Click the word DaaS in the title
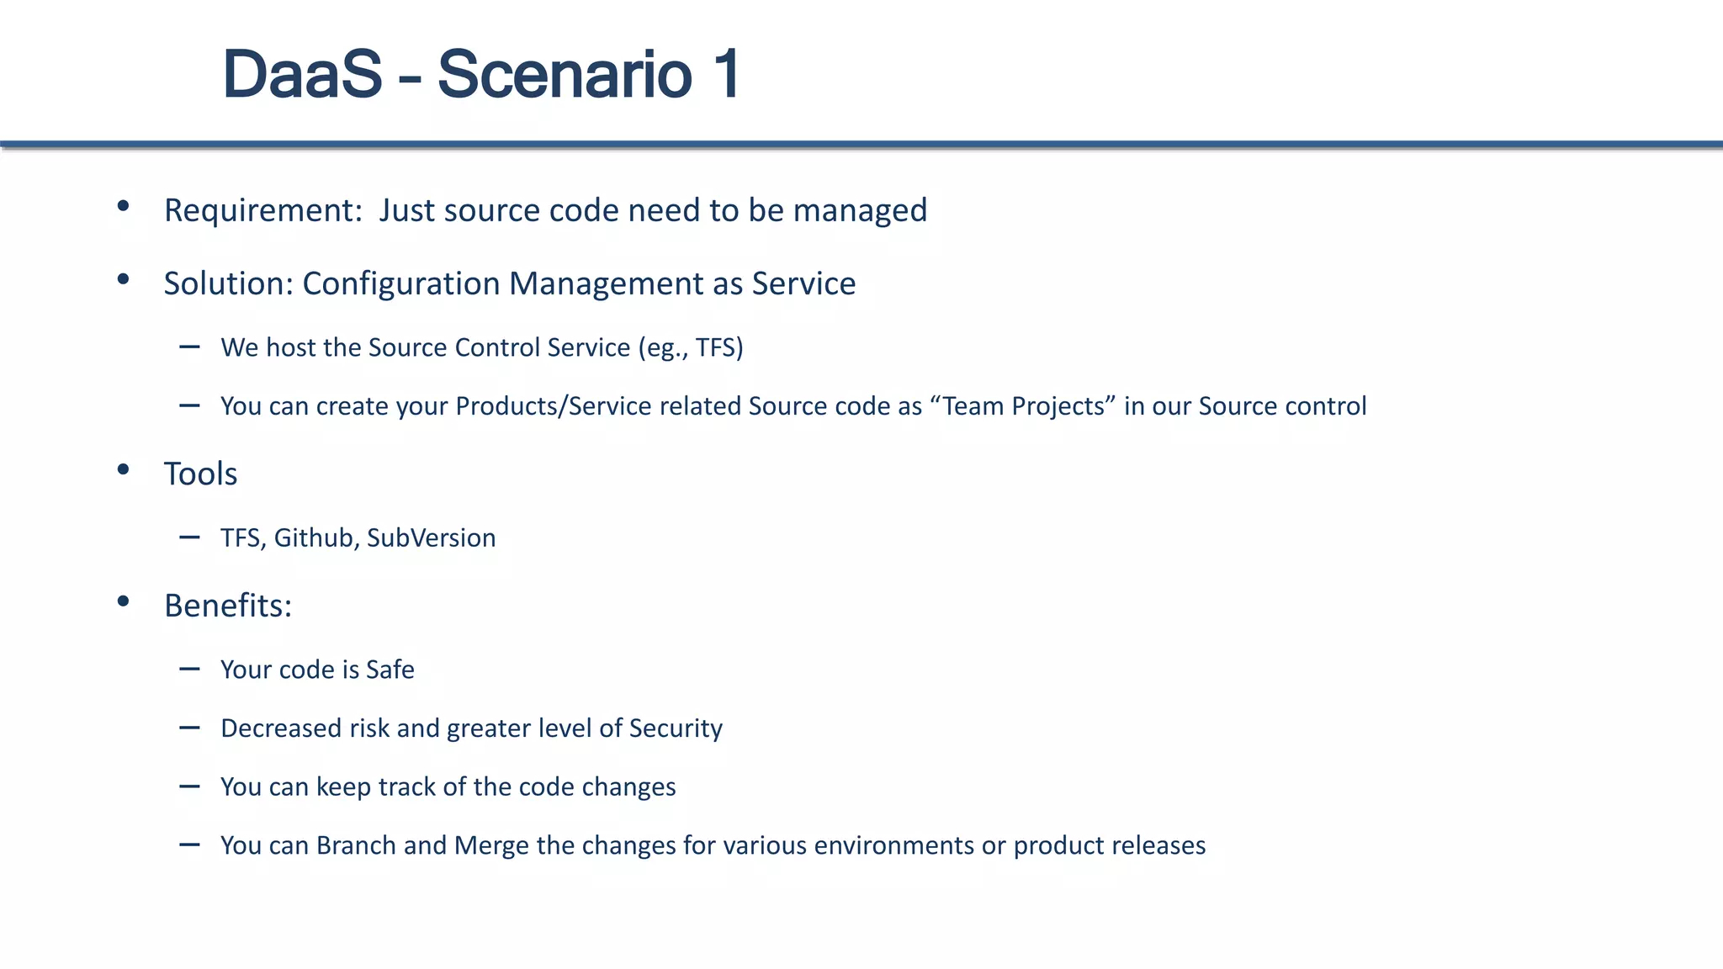click(x=302, y=75)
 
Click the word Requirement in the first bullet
click(x=262, y=210)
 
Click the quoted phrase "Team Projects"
click(x=1023, y=406)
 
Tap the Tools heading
click(x=200, y=474)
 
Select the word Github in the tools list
click(x=313, y=537)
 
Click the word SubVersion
click(x=431, y=537)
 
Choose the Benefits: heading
click(x=228, y=606)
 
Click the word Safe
click(x=390, y=670)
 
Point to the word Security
click(x=676, y=728)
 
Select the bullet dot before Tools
click(x=124, y=469)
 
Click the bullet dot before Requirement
click(x=124, y=205)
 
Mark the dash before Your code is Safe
click(x=189, y=670)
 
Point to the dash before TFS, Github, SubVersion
click(x=189, y=537)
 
